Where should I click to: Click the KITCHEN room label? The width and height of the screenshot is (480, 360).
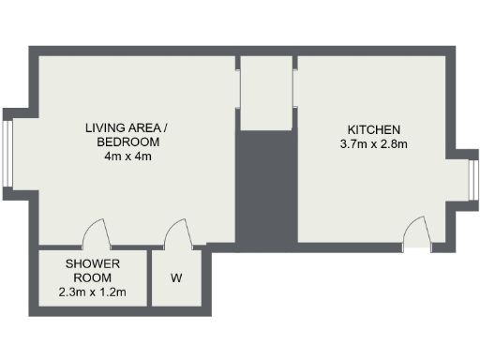tap(374, 129)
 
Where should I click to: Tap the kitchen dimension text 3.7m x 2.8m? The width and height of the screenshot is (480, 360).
tap(374, 144)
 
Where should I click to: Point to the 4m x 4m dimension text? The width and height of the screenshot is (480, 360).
tap(128, 157)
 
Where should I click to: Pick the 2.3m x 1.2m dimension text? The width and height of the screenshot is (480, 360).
tap(93, 293)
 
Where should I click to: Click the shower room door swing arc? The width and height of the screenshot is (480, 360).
tap(95, 231)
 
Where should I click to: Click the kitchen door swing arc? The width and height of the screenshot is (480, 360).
tap(416, 228)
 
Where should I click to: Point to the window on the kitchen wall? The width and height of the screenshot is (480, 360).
tap(472, 182)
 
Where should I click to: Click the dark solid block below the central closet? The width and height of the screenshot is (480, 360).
tap(265, 187)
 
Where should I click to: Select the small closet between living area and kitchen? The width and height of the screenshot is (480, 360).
tap(265, 94)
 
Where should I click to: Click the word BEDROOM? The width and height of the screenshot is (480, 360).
tap(128, 142)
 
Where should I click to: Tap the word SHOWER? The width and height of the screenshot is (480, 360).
tap(93, 264)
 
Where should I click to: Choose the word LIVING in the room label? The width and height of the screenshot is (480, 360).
tap(104, 127)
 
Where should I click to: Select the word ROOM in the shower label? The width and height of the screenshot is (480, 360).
tap(93, 278)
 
